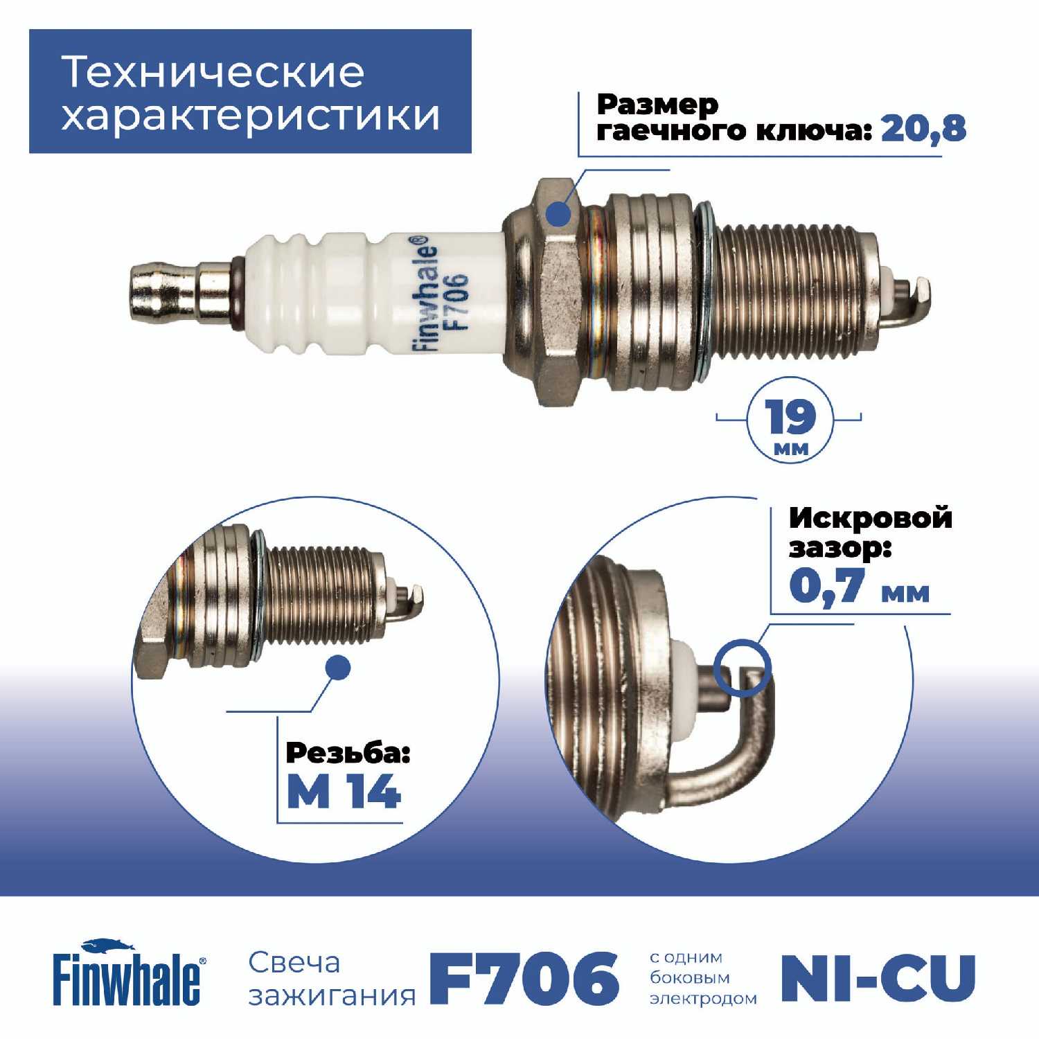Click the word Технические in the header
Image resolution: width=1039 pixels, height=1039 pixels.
point(213,72)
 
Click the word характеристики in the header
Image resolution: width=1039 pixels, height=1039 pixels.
point(251,115)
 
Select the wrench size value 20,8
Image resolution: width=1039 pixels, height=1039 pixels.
point(923,129)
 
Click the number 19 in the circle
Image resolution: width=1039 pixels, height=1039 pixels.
point(790,416)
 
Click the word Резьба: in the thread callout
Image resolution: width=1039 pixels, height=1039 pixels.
point(348,754)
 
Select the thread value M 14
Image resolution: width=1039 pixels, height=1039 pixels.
point(344,791)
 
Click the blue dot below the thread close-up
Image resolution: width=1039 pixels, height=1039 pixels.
point(337,668)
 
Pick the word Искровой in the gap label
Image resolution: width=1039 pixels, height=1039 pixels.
point(871,519)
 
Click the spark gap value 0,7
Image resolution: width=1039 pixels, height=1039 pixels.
point(828,586)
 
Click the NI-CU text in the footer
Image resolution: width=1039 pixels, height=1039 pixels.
point(878,978)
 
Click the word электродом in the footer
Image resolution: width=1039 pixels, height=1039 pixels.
point(703,999)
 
